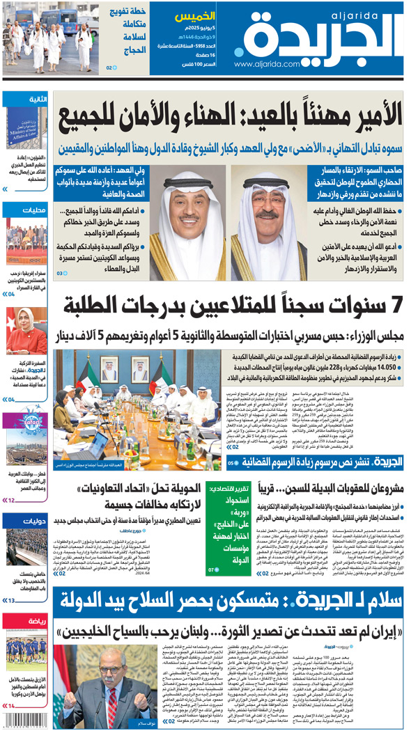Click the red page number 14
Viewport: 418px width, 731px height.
11,706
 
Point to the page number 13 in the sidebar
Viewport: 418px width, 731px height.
11,600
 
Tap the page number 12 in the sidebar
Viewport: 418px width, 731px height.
11,500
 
